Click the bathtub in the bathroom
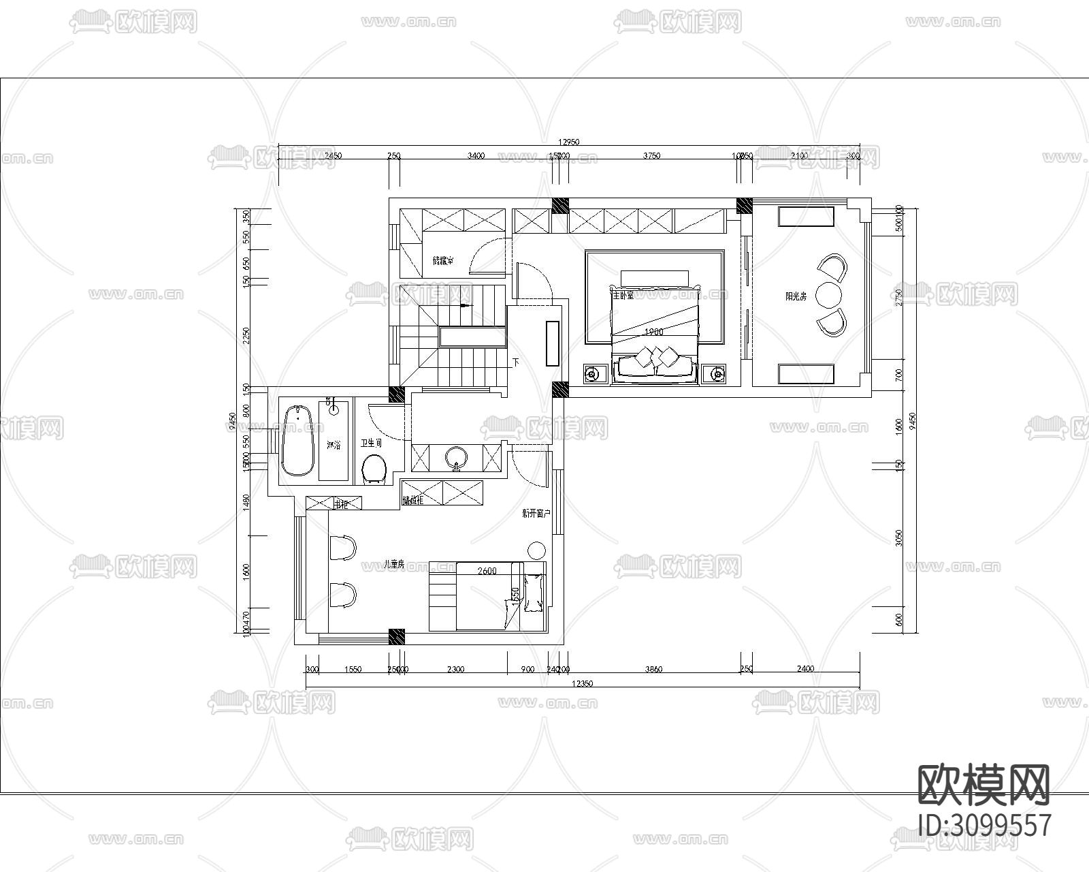click(298, 440)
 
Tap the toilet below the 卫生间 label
click(374, 469)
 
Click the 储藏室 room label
click(443, 261)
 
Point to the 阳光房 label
click(796, 296)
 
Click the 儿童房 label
click(393, 564)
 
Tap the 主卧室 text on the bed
click(623, 295)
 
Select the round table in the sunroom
click(830, 296)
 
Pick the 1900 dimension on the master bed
click(653, 332)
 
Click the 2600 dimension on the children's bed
click(487, 571)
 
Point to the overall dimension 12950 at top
click(568, 142)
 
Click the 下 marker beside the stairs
click(515, 362)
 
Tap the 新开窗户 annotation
click(536, 514)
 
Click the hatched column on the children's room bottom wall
click(397, 637)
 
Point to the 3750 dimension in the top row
click(651, 156)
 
